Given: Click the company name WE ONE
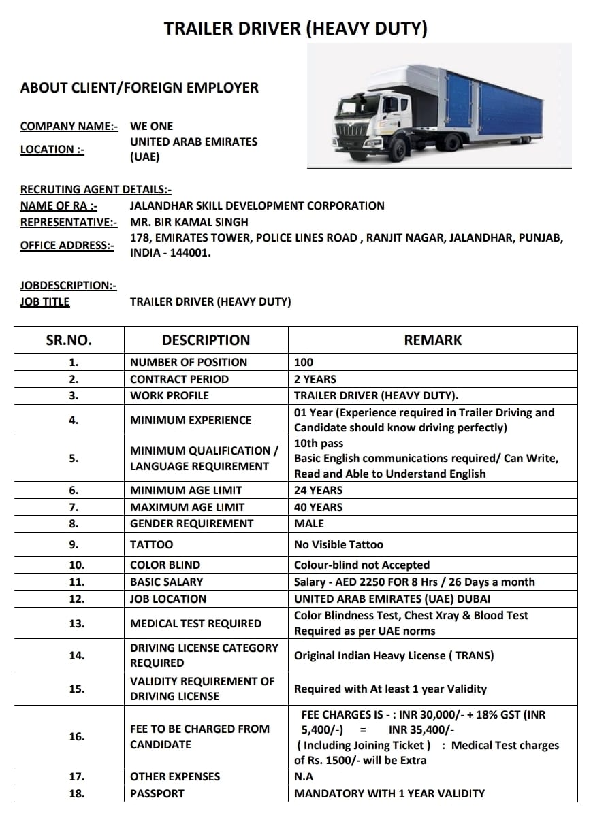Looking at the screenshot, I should [152, 126].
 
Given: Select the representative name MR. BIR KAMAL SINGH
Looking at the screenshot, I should [189, 222].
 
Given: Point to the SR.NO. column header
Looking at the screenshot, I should [69, 340].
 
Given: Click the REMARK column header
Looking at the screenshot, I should [433, 340].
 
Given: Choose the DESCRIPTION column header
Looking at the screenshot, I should [206, 340].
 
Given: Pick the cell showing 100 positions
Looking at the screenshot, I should [304, 362].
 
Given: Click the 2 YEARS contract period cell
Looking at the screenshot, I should [315, 379].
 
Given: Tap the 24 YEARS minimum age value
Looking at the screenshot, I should [318, 490].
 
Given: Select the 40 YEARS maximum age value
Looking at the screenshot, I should [318, 507].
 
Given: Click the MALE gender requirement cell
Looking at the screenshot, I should [309, 523].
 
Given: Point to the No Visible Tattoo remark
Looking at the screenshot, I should [338, 544].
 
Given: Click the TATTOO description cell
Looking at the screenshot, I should [152, 544].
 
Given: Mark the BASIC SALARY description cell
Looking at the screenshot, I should [167, 582].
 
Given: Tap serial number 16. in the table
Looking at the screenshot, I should [77, 736].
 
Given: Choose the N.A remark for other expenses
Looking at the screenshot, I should [304, 776].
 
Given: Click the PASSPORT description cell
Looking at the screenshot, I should [157, 793].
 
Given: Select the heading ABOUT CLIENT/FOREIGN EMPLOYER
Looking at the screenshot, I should [140, 88].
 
